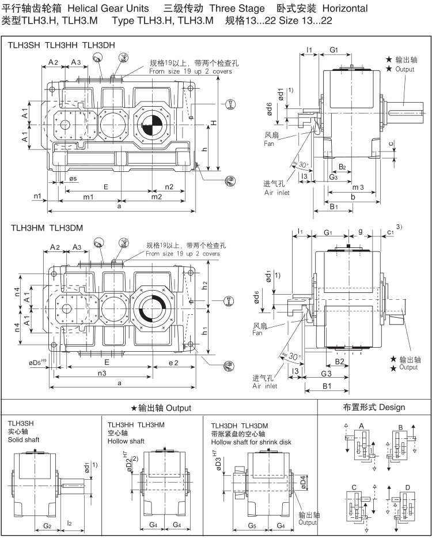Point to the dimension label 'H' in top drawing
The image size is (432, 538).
[x=213, y=122]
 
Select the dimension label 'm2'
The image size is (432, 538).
[x=157, y=197]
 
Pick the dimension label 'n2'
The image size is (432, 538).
[x=169, y=187]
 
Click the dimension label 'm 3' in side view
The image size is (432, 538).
[x=357, y=188]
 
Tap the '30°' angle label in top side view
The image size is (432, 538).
[x=302, y=165]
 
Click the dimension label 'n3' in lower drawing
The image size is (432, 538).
[x=101, y=373]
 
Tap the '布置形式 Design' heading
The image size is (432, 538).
[x=374, y=407]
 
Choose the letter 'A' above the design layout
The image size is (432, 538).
[x=361, y=425]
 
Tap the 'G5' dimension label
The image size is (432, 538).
[x=252, y=525]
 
